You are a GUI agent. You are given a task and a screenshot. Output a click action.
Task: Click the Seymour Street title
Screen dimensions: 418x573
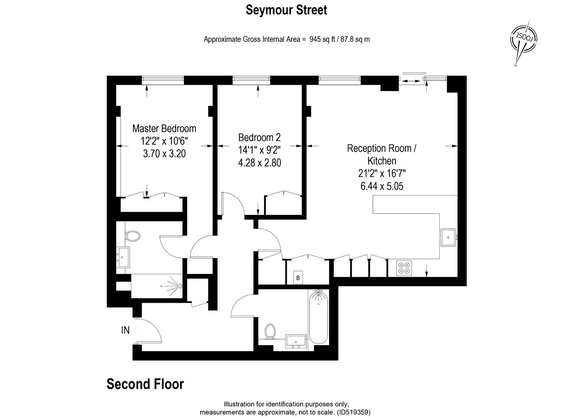[x=286, y=10]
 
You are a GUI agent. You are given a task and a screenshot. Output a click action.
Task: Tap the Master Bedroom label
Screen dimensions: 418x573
[x=164, y=128]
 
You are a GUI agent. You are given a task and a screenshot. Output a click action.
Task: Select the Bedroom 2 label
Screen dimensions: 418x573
[x=259, y=137]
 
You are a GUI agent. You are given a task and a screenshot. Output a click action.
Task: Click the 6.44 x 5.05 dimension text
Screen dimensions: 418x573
[x=381, y=186]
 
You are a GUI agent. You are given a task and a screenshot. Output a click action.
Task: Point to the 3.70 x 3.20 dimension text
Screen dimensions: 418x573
[x=164, y=154]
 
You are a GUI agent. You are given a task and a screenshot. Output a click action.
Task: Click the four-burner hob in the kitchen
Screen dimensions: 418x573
[x=404, y=268]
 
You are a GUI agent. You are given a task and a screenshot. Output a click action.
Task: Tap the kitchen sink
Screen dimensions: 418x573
[x=448, y=237]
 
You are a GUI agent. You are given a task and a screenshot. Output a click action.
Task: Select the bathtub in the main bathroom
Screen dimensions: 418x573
[x=318, y=317]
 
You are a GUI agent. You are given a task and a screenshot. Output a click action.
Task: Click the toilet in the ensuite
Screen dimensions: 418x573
[x=133, y=236]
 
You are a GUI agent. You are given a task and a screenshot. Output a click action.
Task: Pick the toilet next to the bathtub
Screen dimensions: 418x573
[x=270, y=331]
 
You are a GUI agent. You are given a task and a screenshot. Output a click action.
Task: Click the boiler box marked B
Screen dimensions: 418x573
[x=298, y=278]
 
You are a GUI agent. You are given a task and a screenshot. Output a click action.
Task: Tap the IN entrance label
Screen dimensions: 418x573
[x=125, y=330]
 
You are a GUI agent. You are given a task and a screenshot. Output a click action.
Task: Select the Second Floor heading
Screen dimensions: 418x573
[x=145, y=384]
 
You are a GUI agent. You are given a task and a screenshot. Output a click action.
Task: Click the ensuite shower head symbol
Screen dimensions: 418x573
[x=179, y=286]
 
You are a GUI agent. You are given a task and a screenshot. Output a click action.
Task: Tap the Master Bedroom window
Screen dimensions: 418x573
[x=163, y=80]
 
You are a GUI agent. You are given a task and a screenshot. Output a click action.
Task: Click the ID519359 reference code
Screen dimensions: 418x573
[x=353, y=412]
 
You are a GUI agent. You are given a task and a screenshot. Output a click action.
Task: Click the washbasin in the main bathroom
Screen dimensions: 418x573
[x=296, y=341]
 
